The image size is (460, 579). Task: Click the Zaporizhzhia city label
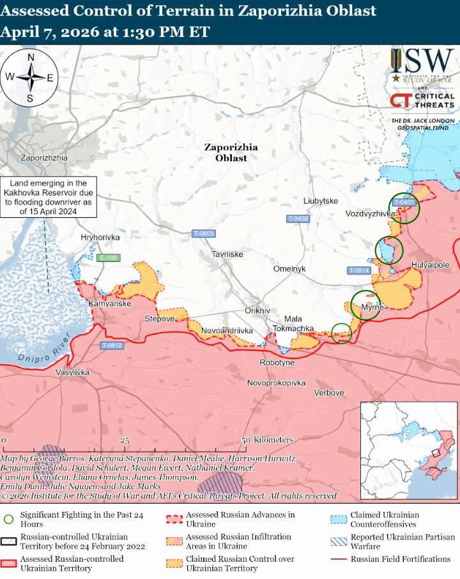pyautogui.click(x=44, y=157)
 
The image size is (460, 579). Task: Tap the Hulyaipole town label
pyautogui.click(x=430, y=265)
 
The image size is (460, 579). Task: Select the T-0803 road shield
pyautogui.click(x=203, y=234)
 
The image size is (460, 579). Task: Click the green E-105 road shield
pyautogui.click(x=108, y=258)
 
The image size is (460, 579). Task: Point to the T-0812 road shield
pyautogui.click(x=111, y=346)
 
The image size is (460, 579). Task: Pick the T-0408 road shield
pyautogui.click(x=298, y=219)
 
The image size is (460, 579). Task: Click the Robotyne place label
pyautogui.click(x=277, y=362)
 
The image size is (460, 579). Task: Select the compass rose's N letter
pyautogui.click(x=30, y=58)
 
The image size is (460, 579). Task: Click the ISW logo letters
pyautogui.click(x=422, y=61)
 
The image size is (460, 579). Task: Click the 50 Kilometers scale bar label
pyautogui.click(x=267, y=440)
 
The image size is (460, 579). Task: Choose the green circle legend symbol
pyautogui.click(x=8, y=518)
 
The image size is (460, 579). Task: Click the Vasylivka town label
pyautogui.click(x=73, y=373)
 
